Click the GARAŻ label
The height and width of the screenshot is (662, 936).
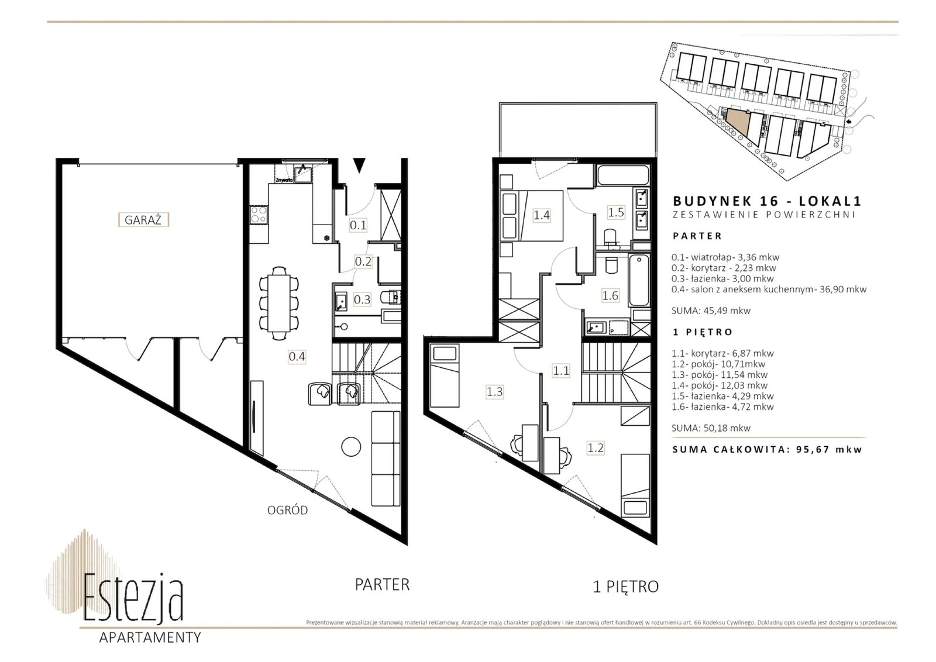(x=143, y=220)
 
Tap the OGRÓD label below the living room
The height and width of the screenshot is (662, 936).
(x=287, y=510)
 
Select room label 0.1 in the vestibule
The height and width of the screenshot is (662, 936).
(x=358, y=226)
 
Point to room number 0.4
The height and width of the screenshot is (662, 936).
(x=297, y=357)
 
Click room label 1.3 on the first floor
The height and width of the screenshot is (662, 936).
(x=494, y=392)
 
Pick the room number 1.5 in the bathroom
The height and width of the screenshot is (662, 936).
(x=616, y=212)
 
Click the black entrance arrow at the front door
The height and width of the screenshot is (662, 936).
(x=359, y=165)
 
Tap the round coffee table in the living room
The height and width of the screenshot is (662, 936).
(x=351, y=446)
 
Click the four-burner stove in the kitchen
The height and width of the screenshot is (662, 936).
(x=258, y=215)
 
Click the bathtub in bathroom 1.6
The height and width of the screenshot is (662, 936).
(x=639, y=281)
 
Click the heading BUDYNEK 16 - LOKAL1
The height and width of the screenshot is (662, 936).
(x=767, y=201)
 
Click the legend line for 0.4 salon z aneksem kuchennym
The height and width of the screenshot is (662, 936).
(x=769, y=289)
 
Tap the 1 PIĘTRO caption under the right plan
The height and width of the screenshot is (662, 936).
(x=625, y=587)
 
